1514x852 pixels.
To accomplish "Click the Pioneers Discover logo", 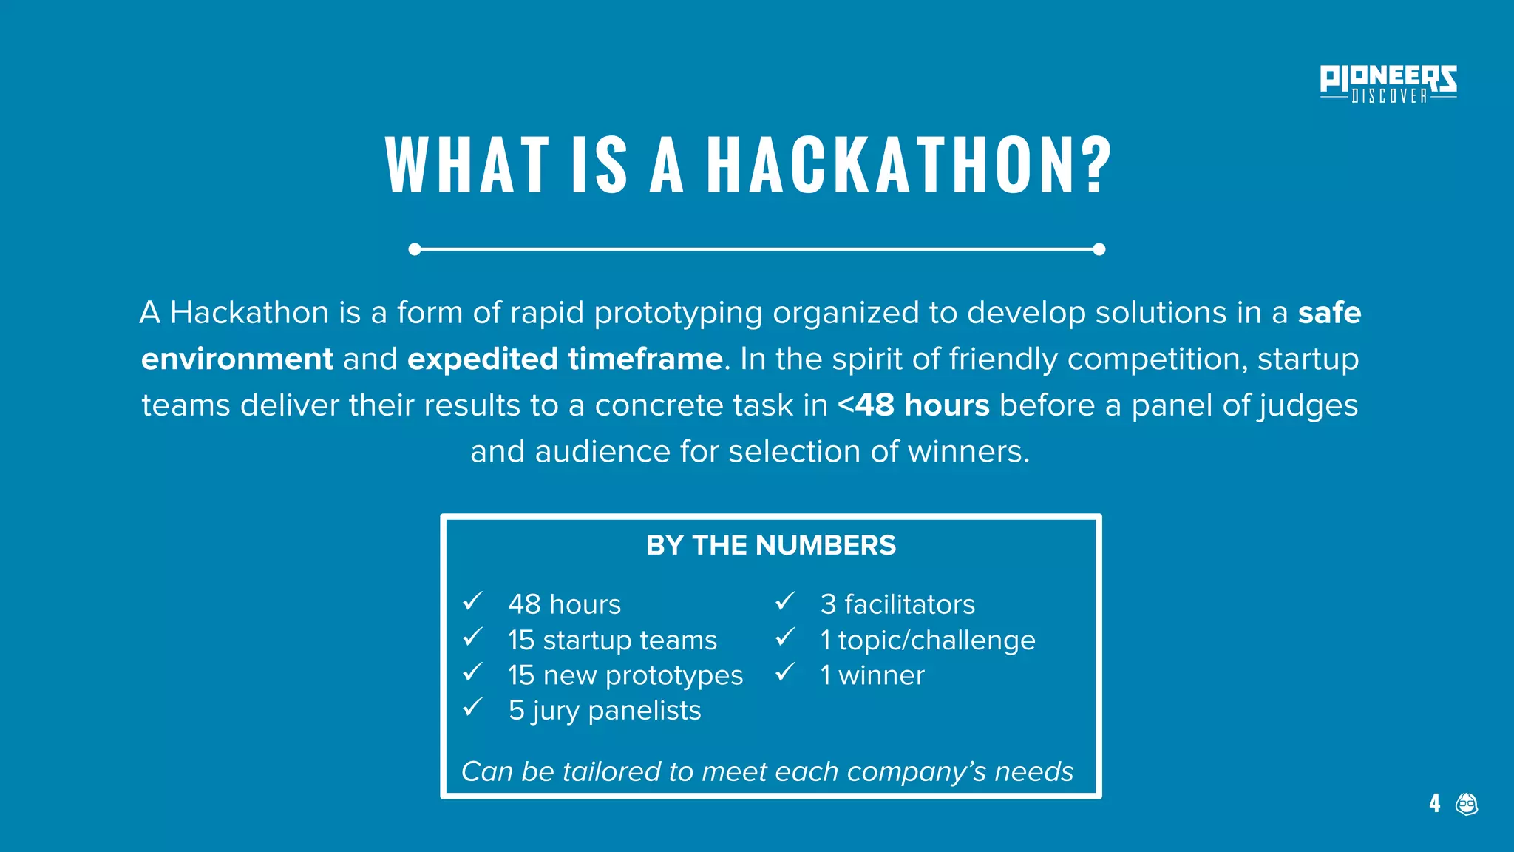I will tap(1388, 84).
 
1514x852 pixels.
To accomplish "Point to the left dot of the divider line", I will tap(415, 249).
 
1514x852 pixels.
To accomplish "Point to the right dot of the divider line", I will tap(1099, 249).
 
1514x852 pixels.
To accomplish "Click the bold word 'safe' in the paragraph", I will tap(1329, 313).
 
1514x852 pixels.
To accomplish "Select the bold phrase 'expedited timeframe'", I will tap(565, 359).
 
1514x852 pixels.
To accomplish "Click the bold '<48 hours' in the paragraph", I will tap(913, 405).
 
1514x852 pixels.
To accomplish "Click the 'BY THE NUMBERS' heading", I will tap(770, 546).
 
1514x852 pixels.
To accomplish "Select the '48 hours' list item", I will tap(564, 604).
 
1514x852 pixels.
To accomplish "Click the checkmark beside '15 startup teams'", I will tap(472, 638).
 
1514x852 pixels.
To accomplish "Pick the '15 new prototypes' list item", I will tap(625, 675).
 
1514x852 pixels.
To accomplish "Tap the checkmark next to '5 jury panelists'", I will tap(472, 708).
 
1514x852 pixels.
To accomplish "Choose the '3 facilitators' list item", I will tap(897, 604).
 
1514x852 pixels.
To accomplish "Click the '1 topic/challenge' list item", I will tap(928, 640).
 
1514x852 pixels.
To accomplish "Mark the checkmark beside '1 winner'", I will tap(785, 673).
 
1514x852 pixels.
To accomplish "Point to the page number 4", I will tap(1434, 803).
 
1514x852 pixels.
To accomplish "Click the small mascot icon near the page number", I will tap(1467, 803).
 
